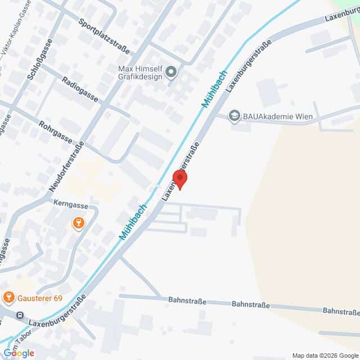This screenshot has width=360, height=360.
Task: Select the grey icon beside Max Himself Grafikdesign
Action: coord(173,71)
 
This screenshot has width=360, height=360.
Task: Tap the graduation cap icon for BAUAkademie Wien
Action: coord(233,116)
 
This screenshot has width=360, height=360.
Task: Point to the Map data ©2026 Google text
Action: coord(325,355)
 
